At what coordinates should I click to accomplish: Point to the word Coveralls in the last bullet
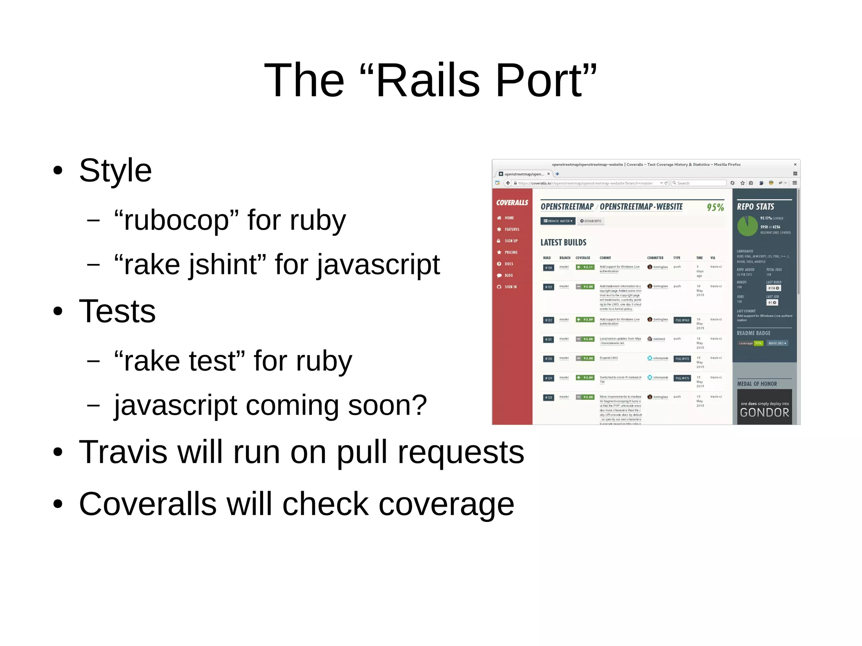[x=147, y=504]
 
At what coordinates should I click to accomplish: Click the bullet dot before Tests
[x=58, y=311]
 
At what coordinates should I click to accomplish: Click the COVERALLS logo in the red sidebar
[x=512, y=203]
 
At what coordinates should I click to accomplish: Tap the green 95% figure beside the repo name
[x=715, y=207]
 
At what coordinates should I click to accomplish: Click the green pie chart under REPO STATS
[x=747, y=226]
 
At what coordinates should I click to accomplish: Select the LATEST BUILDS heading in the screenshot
[x=563, y=242]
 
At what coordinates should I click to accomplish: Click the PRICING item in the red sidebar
[x=511, y=253]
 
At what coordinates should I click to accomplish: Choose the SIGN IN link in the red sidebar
[x=510, y=287]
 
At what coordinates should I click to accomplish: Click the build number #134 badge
[x=548, y=268]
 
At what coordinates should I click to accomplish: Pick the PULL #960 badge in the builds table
[x=682, y=320]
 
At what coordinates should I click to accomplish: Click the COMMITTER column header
[x=655, y=258]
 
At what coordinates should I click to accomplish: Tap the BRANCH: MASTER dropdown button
[x=558, y=221]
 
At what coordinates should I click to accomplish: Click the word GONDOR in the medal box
[x=764, y=412]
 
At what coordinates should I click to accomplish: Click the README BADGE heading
[x=753, y=333]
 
